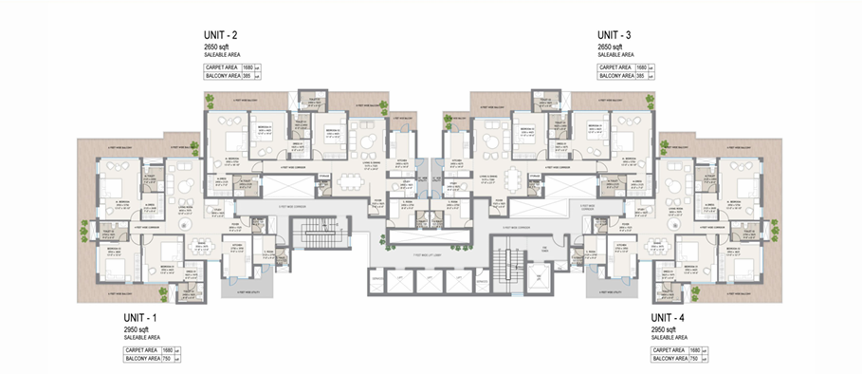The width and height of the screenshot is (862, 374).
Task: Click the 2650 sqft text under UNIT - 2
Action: [x=218, y=46]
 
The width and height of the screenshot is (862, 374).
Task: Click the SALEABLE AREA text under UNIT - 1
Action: [x=143, y=337]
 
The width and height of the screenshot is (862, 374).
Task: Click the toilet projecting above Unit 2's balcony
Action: [x=310, y=101]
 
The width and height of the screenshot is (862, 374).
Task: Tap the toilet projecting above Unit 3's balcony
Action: [x=544, y=101]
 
